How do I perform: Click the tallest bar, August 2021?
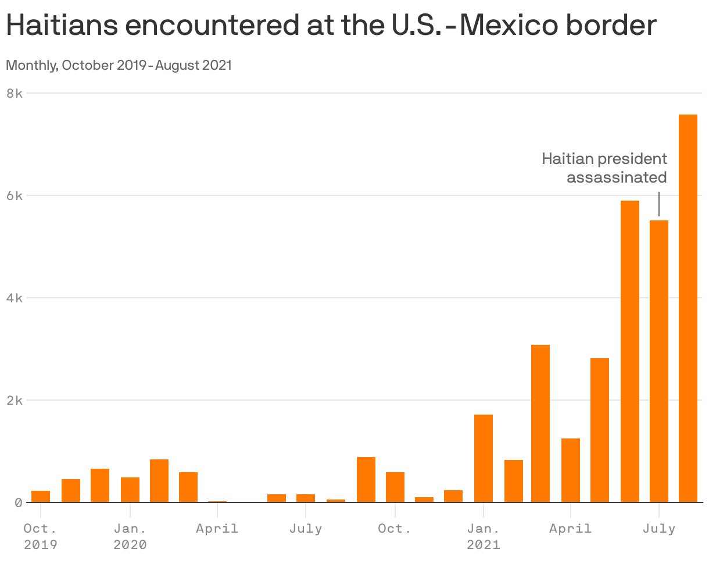tap(688, 308)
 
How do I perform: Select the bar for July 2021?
tap(659, 361)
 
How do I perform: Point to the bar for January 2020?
tap(130, 490)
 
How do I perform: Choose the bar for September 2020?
tap(366, 480)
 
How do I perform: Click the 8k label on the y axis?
tap(15, 93)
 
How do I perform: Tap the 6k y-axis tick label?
tap(15, 195)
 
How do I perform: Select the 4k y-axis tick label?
tap(15, 298)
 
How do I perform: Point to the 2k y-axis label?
tap(15, 400)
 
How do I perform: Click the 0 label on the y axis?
tap(18, 502)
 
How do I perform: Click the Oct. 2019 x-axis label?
tap(41, 536)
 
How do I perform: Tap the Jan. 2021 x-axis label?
tap(484, 536)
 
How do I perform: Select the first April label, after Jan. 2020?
tap(217, 529)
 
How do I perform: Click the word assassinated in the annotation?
tap(617, 177)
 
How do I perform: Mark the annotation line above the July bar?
tap(659, 204)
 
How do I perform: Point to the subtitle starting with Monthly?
tap(119, 65)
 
